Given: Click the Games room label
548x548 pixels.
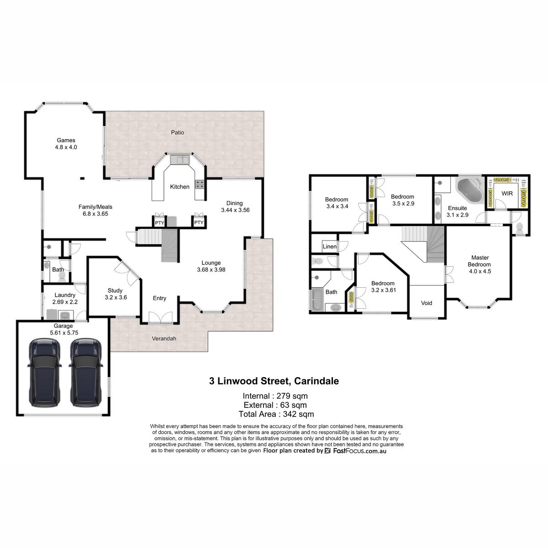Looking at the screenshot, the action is point(66,140).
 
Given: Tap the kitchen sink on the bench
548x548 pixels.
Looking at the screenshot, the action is point(180,159).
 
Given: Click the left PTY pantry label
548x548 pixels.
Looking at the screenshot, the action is point(159,223).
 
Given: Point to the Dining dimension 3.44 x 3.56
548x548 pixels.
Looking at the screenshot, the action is point(235,210).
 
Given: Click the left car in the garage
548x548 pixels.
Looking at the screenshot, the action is point(44,373).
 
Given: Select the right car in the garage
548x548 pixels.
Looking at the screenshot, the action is point(85,373).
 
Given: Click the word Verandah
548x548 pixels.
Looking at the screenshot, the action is point(164,338).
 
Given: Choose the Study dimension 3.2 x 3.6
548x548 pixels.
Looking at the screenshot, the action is point(116,297).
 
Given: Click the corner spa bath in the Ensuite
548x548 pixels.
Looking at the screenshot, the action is point(469,190).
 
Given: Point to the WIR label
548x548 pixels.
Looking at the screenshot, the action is point(507,194).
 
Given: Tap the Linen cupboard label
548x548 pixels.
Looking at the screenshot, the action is point(330,247).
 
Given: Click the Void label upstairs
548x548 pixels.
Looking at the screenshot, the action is point(427,303).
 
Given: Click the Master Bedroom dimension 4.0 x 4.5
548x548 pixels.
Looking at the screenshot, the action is point(480,271).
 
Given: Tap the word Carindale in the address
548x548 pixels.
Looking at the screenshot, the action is point(316,381).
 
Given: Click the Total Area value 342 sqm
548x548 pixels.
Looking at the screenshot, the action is point(299,414).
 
